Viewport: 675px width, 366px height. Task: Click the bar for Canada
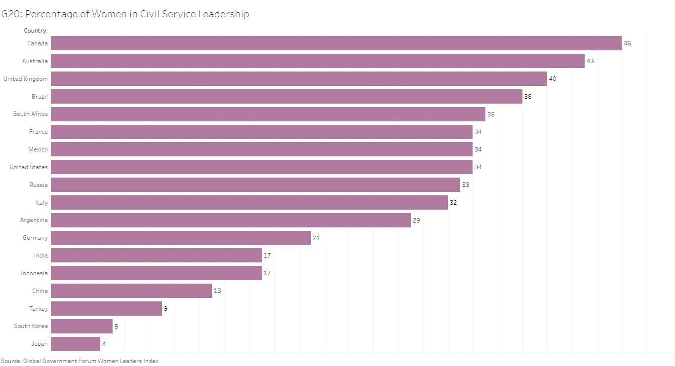336,43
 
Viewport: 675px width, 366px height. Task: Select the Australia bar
318,61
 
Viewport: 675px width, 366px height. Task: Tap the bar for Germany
181,238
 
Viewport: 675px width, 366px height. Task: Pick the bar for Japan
76,344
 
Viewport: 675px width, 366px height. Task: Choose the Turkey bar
106,309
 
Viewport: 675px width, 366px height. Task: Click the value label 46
627,43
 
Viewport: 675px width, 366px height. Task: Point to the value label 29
416,220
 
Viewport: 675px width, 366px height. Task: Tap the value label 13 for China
217,291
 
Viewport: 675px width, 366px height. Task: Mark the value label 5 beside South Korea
116,326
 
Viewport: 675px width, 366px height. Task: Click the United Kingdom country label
26,79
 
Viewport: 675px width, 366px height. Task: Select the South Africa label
31,114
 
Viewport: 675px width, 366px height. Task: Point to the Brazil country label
40,97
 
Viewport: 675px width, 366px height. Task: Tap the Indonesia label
35,273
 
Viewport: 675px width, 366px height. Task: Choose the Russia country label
39,185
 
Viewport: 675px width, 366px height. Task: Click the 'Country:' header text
36,31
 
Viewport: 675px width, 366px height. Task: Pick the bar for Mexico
262,149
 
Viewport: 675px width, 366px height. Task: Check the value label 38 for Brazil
528,97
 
